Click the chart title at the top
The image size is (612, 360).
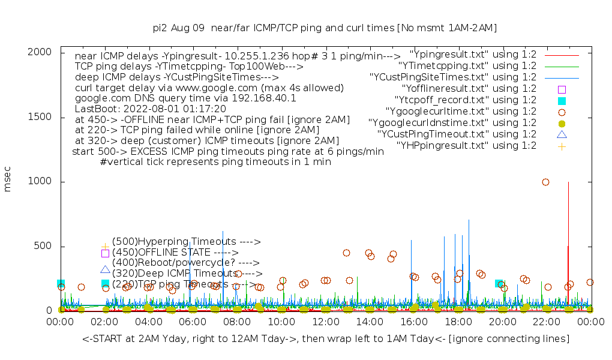coord(325,28)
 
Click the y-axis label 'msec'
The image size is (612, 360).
coord(8,181)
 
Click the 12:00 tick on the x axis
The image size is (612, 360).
coord(325,322)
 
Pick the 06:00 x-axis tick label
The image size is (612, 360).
coord(193,322)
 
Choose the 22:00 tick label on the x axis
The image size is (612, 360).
coord(546,322)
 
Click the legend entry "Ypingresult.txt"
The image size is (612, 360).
coord(473,54)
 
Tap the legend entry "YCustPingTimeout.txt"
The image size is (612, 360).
coord(457,134)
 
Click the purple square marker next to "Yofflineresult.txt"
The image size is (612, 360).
coord(562,89)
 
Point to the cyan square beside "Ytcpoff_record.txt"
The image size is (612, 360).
coord(562,100)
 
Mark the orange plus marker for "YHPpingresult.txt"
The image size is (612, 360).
coord(562,146)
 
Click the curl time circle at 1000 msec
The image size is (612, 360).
coord(545,182)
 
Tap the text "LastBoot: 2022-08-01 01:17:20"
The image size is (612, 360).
coord(150,109)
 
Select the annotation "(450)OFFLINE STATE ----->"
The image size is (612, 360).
coord(175,253)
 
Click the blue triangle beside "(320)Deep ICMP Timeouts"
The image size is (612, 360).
coord(105,270)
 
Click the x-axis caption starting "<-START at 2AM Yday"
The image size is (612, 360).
coord(326,339)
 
